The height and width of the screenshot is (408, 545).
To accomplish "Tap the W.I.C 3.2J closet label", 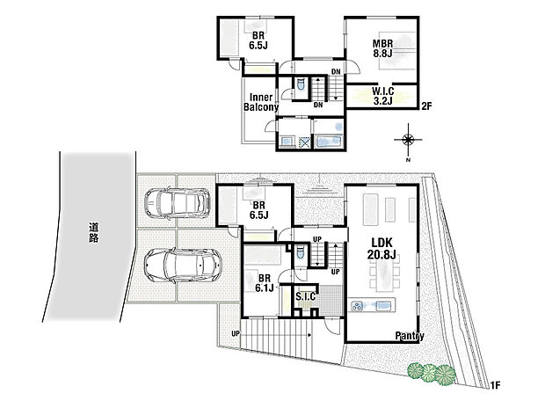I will pyautogui.click(x=382, y=95).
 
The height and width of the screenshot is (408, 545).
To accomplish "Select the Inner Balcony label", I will pyautogui.click(x=261, y=102).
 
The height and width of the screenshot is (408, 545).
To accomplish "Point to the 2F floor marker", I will pyautogui.click(x=426, y=106).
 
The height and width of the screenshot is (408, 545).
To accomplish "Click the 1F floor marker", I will pyautogui.click(x=496, y=385).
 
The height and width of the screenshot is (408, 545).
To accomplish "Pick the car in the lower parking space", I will pyautogui.click(x=183, y=262).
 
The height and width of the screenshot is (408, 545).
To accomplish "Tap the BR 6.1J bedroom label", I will pyautogui.click(x=261, y=281).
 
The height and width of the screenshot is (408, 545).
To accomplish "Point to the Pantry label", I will pyautogui.click(x=410, y=336).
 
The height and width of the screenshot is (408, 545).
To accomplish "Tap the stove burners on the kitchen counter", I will pyautogui.click(x=359, y=307).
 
